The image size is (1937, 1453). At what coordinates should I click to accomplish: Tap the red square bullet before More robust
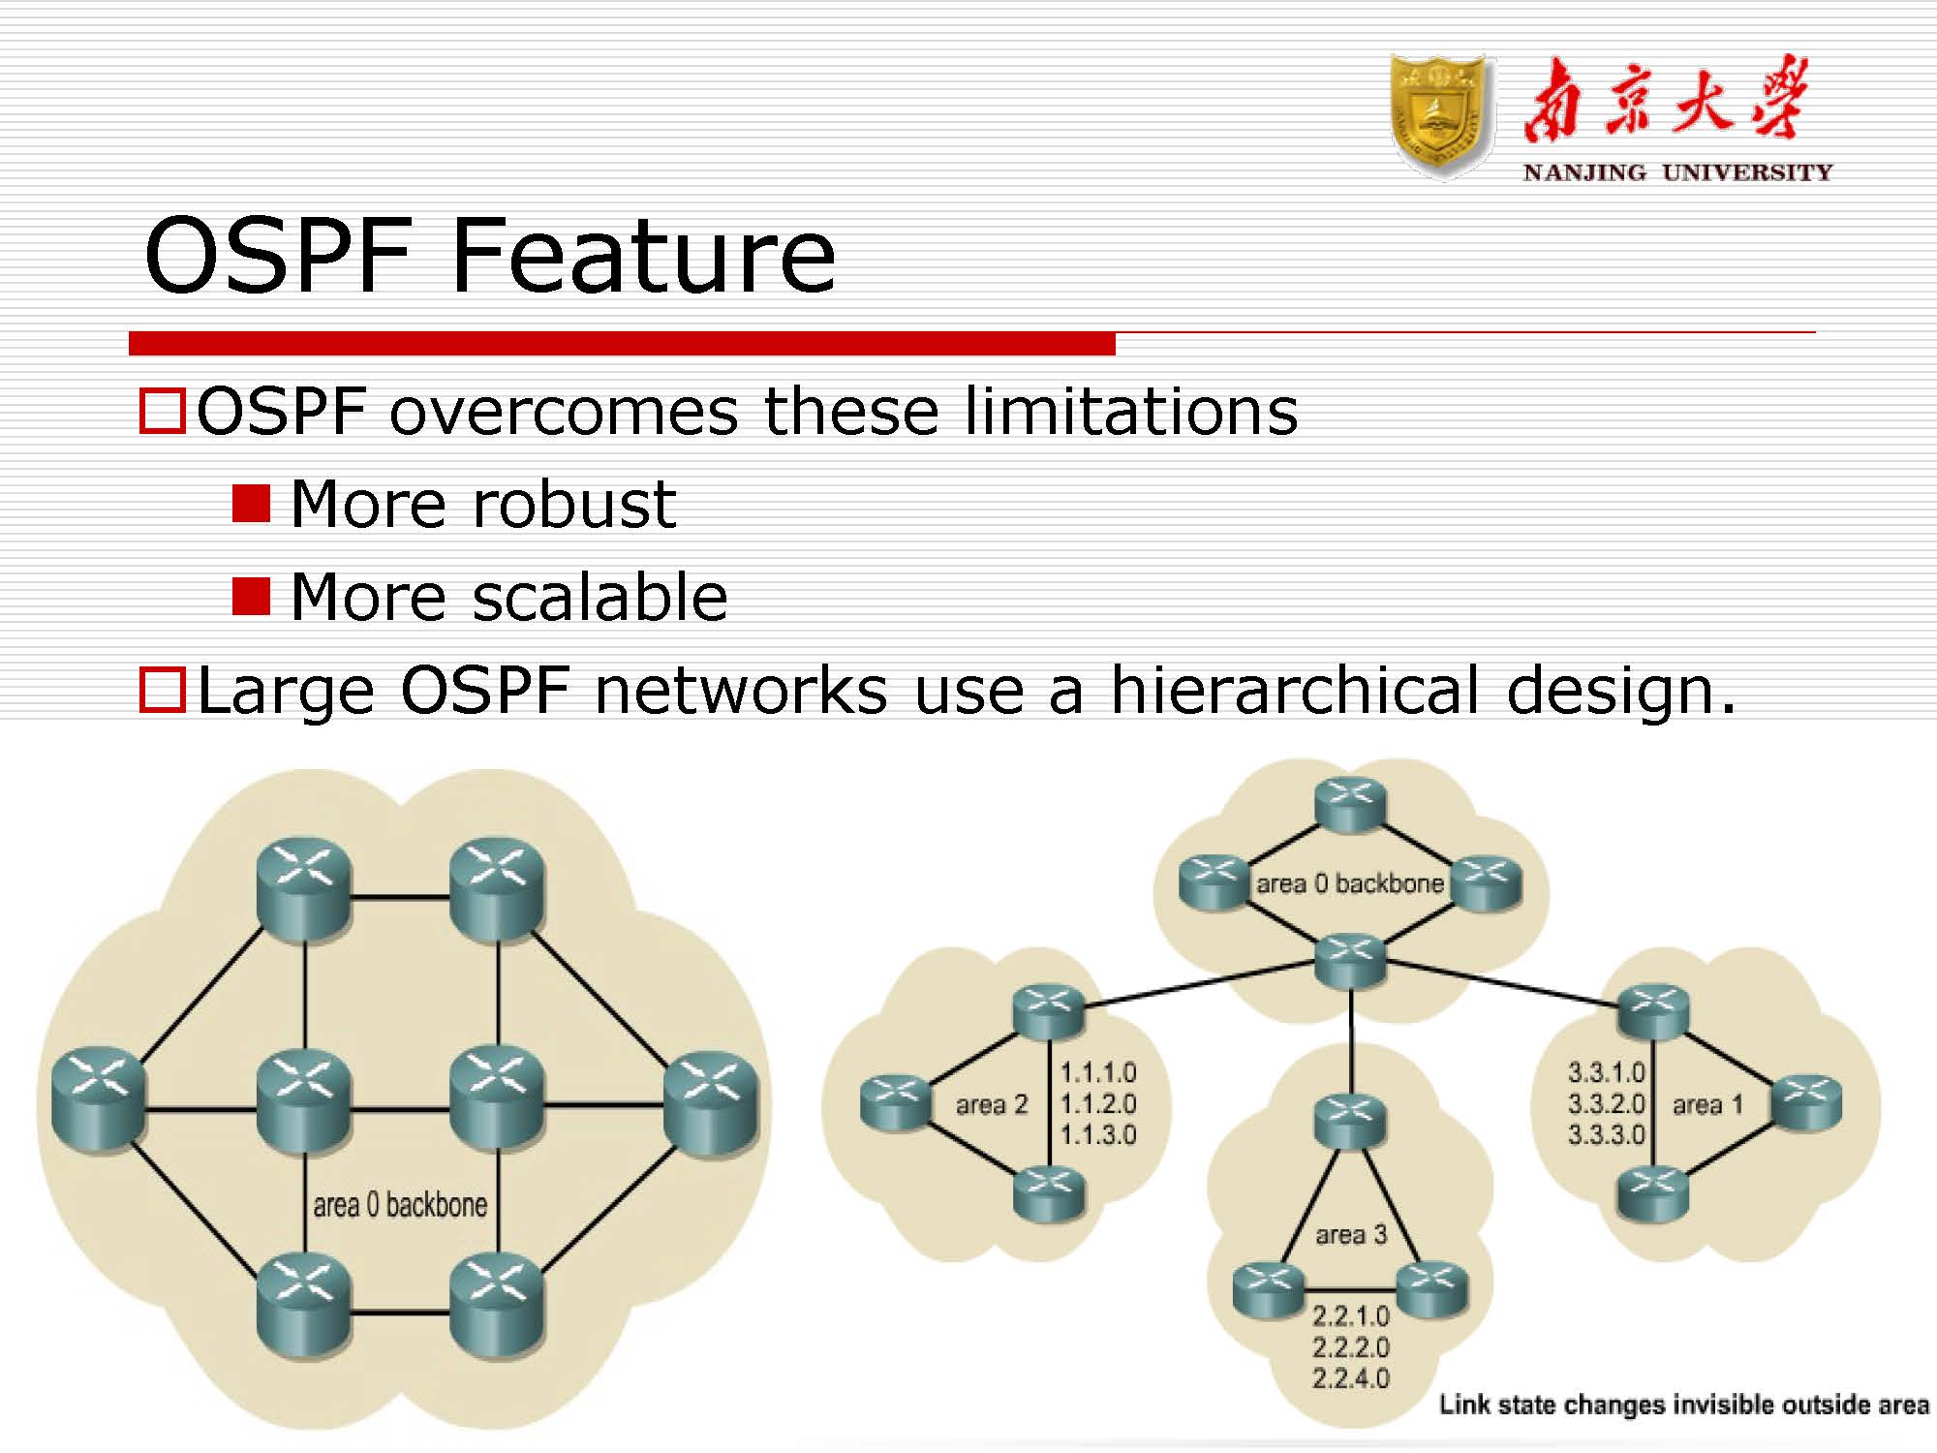click(251, 504)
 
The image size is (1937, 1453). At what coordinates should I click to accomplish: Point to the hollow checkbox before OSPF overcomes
click(162, 411)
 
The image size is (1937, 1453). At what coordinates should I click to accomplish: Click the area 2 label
click(991, 1104)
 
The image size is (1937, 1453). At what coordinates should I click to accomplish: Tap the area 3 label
click(1351, 1234)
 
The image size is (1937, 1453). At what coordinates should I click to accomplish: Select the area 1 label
click(1707, 1104)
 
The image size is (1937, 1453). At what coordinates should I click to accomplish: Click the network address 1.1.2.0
click(1097, 1104)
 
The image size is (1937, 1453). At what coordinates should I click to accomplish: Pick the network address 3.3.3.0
click(1606, 1134)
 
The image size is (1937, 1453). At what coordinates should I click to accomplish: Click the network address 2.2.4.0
click(1351, 1377)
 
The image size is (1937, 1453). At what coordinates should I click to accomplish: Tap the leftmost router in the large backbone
click(98, 1099)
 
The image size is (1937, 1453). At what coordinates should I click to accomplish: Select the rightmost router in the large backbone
click(712, 1101)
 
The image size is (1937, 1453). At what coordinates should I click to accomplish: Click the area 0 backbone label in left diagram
click(399, 1205)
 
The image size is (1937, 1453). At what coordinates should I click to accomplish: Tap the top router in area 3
click(1350, 1122)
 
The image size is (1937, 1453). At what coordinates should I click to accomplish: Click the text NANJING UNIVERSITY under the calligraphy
click(1677, 172)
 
